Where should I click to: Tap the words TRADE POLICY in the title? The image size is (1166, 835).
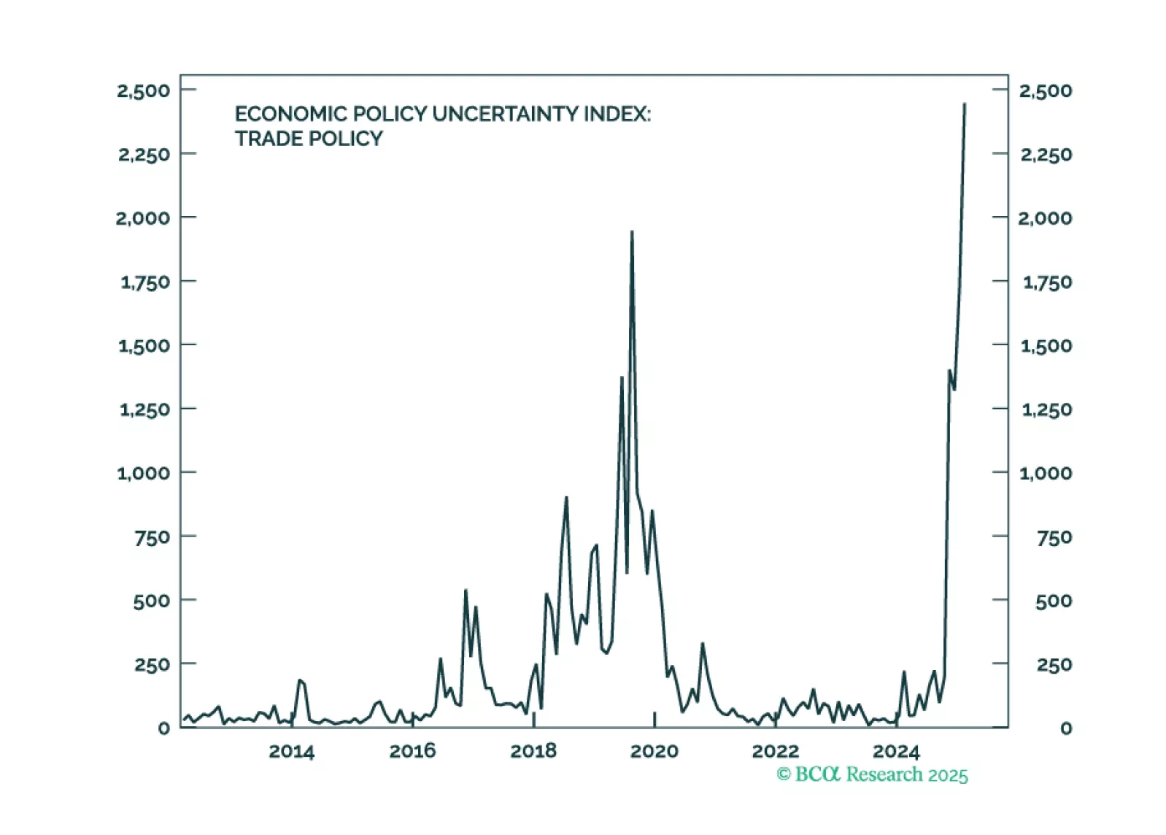point(309,139)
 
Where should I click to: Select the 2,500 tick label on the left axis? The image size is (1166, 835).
point(144,91)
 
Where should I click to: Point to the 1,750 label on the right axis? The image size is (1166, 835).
point(1047,282)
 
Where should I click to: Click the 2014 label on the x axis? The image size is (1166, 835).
point(291,751)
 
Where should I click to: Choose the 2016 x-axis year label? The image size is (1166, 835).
point(412,751)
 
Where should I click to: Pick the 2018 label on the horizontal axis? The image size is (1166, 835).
point(533,751)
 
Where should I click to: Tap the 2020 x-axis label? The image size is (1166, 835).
point(655,751)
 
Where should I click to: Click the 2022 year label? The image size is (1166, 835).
point(775,751)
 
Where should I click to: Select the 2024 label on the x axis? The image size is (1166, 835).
point(896,751)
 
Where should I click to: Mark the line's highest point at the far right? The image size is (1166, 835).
point(965,104)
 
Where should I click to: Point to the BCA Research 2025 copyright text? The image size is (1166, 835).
point(872,774)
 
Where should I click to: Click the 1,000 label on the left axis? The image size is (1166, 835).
point(144,473)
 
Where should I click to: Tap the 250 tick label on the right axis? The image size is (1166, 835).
point(1054,665)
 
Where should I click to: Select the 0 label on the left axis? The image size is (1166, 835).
point(164,728)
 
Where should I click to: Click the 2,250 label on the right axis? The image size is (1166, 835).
point(1046,155)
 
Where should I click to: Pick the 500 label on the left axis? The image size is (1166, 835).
point(152,601)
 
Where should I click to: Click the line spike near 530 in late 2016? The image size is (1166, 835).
point(466,590)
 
